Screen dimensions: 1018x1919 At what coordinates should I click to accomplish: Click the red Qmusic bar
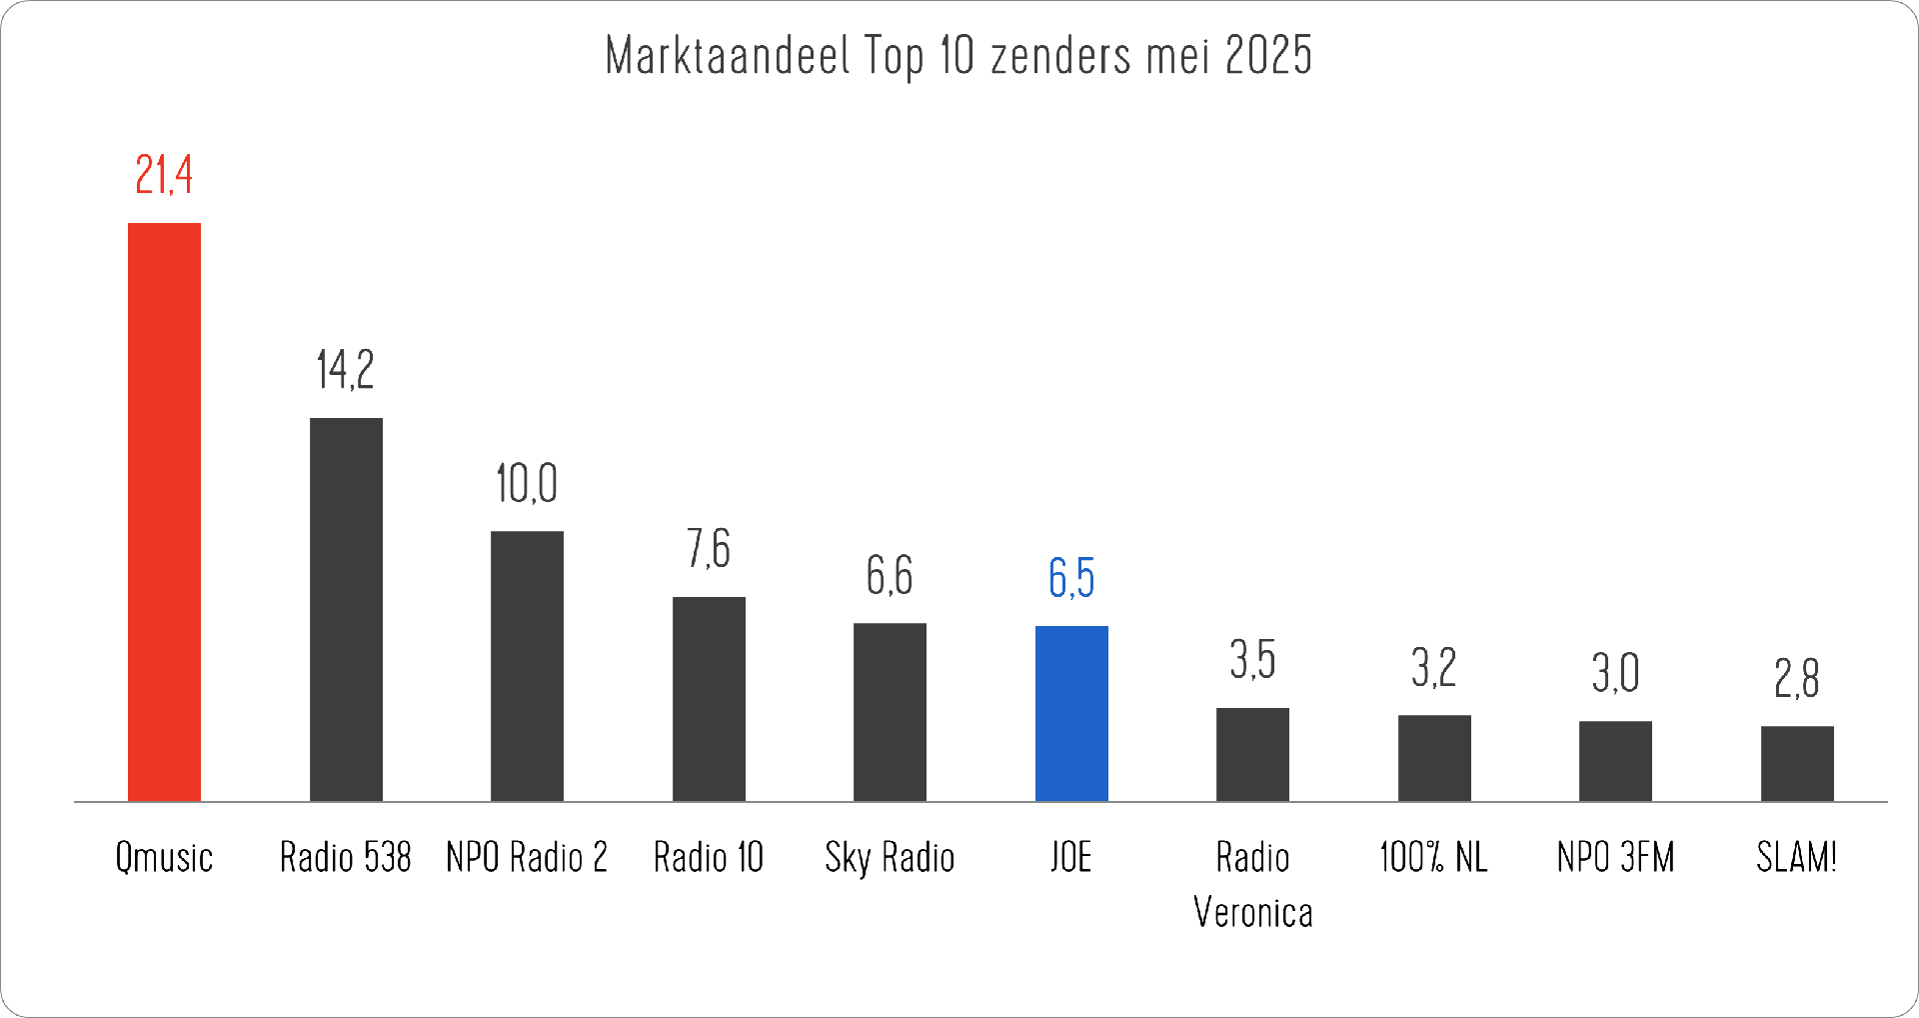coord(164,512)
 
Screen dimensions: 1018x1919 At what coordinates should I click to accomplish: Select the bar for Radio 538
coord(346,610)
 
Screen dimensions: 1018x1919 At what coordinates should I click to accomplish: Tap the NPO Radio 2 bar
coord(527,666)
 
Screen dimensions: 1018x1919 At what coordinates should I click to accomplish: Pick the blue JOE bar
coord(1071,714)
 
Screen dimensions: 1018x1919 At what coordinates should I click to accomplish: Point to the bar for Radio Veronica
coord(1252,755)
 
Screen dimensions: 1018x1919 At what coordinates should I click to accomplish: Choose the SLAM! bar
coord(1797,764)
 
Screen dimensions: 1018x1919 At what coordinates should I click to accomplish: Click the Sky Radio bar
coord(890,712)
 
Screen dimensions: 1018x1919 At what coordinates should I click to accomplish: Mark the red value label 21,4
coord(164,176)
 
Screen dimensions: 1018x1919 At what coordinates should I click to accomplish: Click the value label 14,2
coord(346,370)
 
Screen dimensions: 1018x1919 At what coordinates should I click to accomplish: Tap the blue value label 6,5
coord(1071,578)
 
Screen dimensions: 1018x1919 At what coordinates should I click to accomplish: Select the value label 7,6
coord(709,549)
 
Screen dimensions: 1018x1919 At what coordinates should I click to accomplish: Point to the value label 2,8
coord(1797,679)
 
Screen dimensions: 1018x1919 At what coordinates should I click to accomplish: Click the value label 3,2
coord(1434,668)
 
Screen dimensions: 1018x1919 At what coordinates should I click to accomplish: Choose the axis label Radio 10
coord(709,858)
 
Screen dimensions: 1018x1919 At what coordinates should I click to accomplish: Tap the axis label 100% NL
coord(1434,858)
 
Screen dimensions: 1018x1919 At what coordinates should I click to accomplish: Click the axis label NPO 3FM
coord(1615,858)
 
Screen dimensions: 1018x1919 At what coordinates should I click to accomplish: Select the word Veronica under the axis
coord(1253,913)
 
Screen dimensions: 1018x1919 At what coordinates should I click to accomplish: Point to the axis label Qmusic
coord(164,858)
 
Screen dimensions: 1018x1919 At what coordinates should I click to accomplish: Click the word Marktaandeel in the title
coord(728,56)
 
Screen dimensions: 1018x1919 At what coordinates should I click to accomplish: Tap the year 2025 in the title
coord(1267,56)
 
